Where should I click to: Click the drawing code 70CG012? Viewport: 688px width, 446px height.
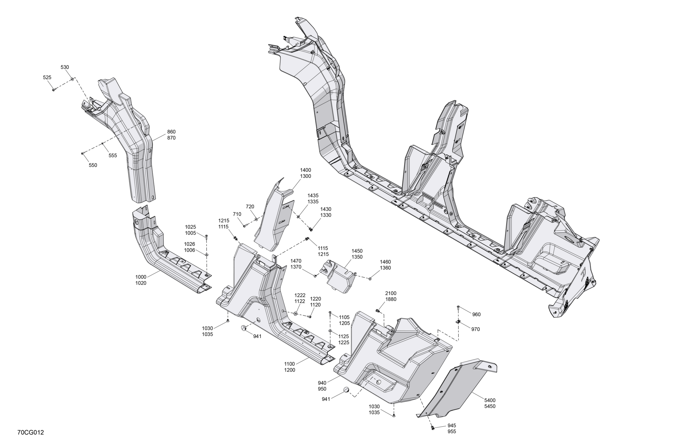[31, 432]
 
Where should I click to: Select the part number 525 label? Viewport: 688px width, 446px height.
[47, 78]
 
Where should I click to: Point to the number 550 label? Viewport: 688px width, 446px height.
[93, 165]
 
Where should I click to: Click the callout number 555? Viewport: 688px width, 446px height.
[113, 155]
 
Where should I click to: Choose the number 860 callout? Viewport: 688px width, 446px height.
[171, 132]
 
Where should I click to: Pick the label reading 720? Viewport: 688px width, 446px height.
[250, 207]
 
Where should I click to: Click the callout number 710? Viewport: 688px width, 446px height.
[237, 214]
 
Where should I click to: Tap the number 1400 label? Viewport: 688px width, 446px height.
[305, 170]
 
